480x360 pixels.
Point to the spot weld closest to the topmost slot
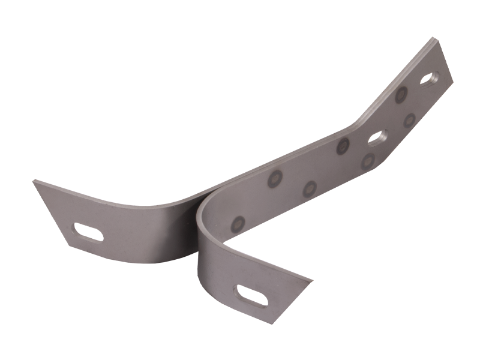point(401,94)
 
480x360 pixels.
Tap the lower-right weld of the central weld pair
point(310,189)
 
